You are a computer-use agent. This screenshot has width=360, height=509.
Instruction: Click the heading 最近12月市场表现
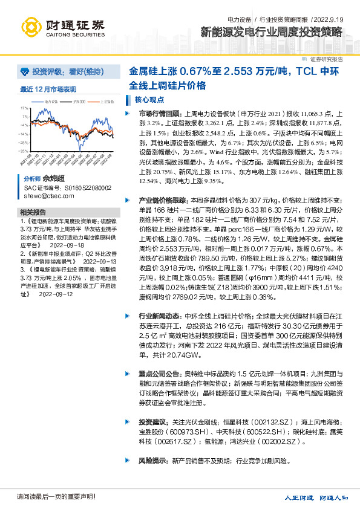click(x=48, y=89)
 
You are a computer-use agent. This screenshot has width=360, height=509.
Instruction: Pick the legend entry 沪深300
click(x=79, y=102)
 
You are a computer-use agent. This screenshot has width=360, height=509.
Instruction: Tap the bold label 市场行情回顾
click(x=159, y=113)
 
